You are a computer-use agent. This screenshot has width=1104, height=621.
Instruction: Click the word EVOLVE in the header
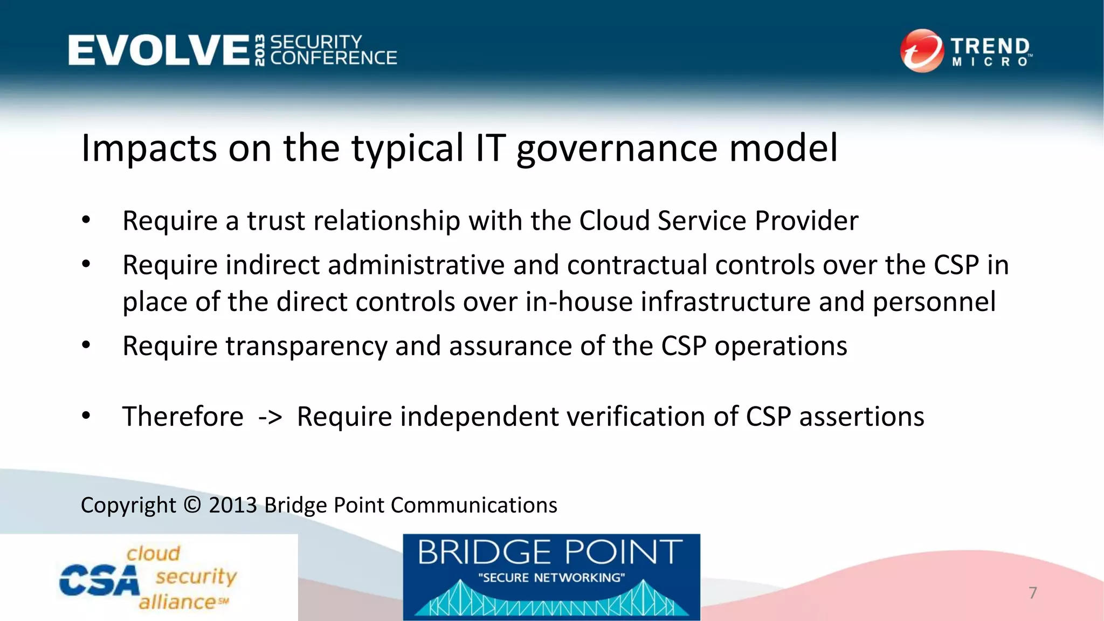[158, 50]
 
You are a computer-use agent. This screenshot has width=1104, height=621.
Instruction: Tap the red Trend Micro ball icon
[921, 51]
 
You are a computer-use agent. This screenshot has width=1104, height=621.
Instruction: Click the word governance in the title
[617, 148]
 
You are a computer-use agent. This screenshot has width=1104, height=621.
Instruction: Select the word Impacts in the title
[149, 148]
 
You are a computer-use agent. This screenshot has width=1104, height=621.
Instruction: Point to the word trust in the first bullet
[275, 221]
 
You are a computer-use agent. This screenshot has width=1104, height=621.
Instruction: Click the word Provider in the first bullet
[806, 221]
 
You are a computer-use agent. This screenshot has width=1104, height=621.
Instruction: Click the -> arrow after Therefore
[270, 417]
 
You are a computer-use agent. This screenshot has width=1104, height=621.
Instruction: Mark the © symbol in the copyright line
[192, 505]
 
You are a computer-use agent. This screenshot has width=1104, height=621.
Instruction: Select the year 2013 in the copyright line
[233, 505]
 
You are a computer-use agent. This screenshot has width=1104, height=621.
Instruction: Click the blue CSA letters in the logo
[99, 581]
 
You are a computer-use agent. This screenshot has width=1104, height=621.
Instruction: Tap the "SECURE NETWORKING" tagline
[551, 578]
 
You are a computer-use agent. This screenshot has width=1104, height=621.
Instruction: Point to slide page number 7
[1032, 593]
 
